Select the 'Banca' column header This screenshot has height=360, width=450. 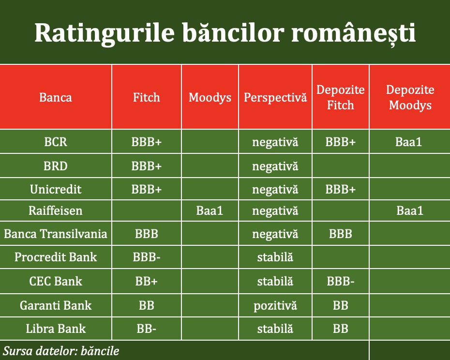(x=55, y=97)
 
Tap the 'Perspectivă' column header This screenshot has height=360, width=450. (x=275, y=97)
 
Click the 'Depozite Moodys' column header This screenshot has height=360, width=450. (x=410, y=97)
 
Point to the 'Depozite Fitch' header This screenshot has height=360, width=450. (x=340, y=97)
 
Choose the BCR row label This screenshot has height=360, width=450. (x=56, y=142)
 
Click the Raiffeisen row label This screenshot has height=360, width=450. (x=55, y=210)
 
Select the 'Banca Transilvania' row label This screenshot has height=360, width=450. (x=55, y=234)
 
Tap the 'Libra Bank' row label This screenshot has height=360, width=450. (x=56, y=329)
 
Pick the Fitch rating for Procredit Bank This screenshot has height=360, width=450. (x=146, y=257)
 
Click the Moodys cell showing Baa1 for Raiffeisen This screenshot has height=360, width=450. (x=210, y=210)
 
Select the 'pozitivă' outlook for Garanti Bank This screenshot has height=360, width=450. (x=275, y=306)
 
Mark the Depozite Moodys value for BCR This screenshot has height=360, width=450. (x=409, y=142)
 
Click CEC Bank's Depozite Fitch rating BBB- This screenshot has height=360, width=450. (x=340, y=281)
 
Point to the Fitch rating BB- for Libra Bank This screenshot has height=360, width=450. (x=146, y=329)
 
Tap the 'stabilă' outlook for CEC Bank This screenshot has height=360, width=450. (x=275, y=281)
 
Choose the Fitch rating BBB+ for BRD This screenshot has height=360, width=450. (x=146, y=166)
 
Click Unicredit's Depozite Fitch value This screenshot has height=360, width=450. (x=340, y=190)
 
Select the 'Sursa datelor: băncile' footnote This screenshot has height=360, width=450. (x=61, y=351)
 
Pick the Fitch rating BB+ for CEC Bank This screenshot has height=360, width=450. (x=146, y=281)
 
